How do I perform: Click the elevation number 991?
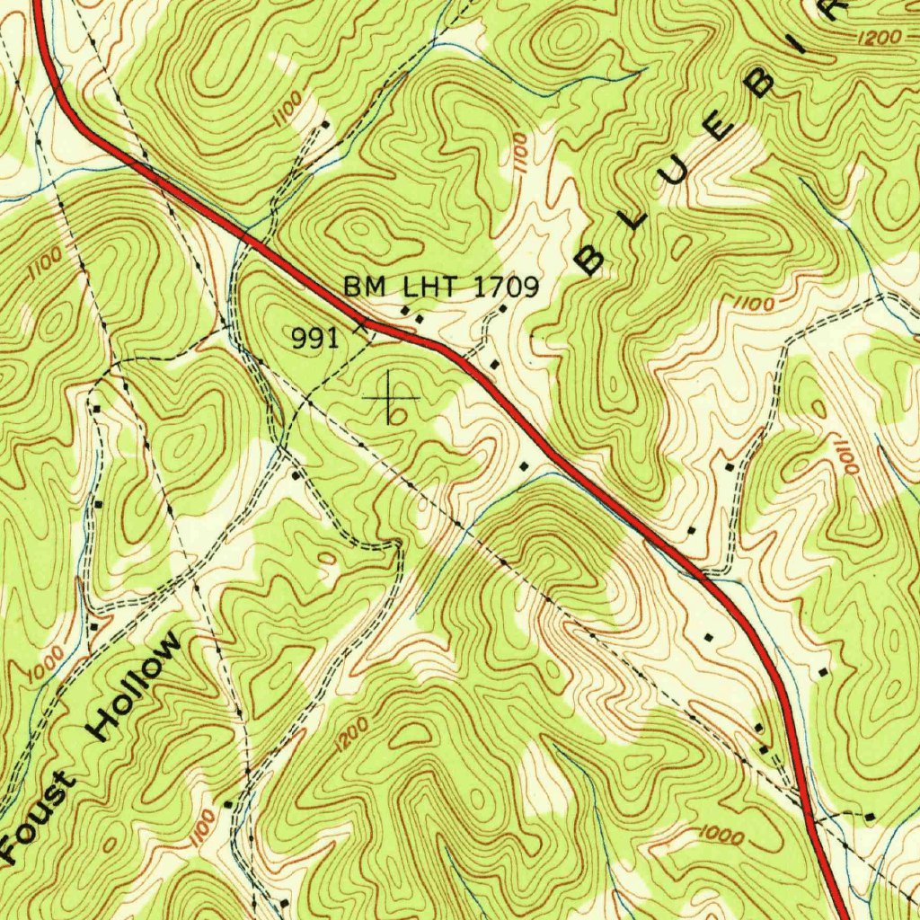[x=314, y=338]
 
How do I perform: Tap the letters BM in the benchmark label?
[x=365, y=287]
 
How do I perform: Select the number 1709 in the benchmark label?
[x=505, y=287]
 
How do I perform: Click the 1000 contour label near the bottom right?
[x=721, y=837]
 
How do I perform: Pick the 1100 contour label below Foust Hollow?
[x=203, y=826]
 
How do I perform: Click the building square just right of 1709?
[x=502, y=308]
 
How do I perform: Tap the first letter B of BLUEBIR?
[x=589, y=260]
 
